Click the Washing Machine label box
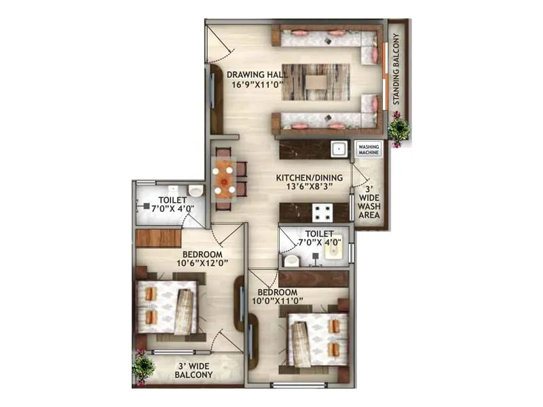(x=369, y=149)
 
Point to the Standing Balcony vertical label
(x=398, y=71)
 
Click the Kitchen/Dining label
(x=309, y=178)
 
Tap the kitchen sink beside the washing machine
(x=339, y=149)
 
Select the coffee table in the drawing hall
(x=315, y=82)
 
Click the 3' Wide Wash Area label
(x=369, y=203)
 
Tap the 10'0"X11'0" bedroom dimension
(x=278, y=299)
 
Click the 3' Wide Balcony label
(x=193, y=370)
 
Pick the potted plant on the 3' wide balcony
(x=143, y=366)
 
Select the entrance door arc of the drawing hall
(x=219, y=42)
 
